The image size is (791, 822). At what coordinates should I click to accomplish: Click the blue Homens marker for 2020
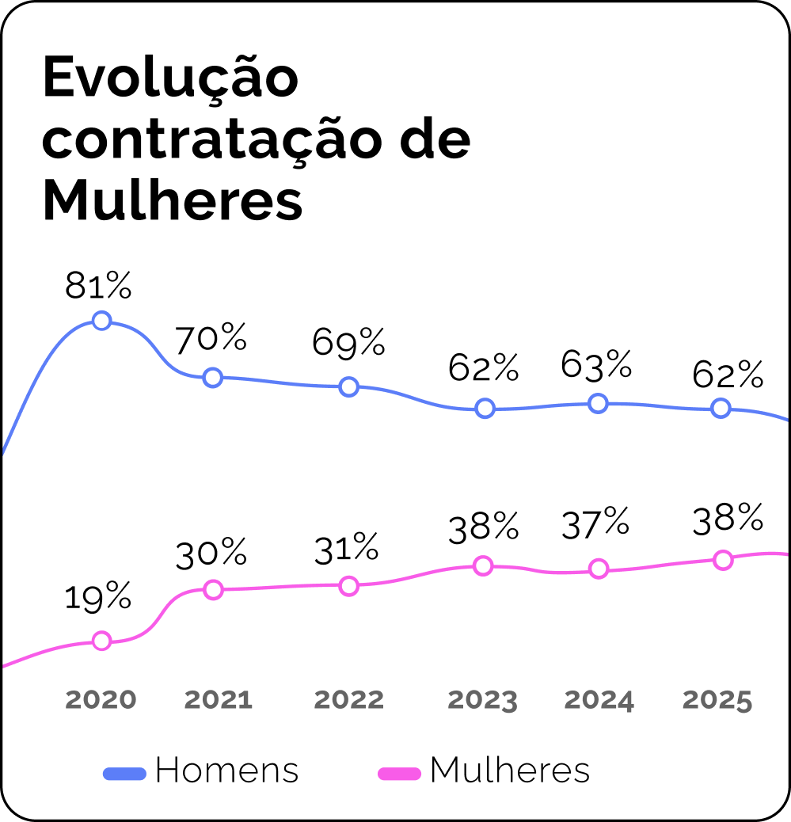pos(101,321)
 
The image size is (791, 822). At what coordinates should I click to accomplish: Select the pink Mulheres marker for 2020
pos(101,641)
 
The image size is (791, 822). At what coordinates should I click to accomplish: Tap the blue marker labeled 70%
pos(212,377)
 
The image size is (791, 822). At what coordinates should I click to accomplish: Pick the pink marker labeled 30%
pos(213,589)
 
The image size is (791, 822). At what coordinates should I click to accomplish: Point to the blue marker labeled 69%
pos(348,386)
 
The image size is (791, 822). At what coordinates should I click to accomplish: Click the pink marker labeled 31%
pos(348,586)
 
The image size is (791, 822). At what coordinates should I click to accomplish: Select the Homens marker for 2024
pos(598,403)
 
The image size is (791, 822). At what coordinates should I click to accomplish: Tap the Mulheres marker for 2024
pos(599,569)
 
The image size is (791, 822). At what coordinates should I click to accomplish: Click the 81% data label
pos(98,286)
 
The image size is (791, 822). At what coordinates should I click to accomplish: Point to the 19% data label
pos(98,598)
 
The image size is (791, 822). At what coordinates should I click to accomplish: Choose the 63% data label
pos(596,365)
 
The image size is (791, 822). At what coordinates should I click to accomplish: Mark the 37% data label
pos(596,524)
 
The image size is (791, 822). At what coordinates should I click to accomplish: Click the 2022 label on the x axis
pos(348,700)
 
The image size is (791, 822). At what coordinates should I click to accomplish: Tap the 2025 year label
pos(717,700)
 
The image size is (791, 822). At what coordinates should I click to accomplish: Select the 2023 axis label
pos(483,700)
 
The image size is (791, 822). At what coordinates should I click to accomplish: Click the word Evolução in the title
pos(171,78)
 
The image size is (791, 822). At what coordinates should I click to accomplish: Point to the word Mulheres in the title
pos(173,201)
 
